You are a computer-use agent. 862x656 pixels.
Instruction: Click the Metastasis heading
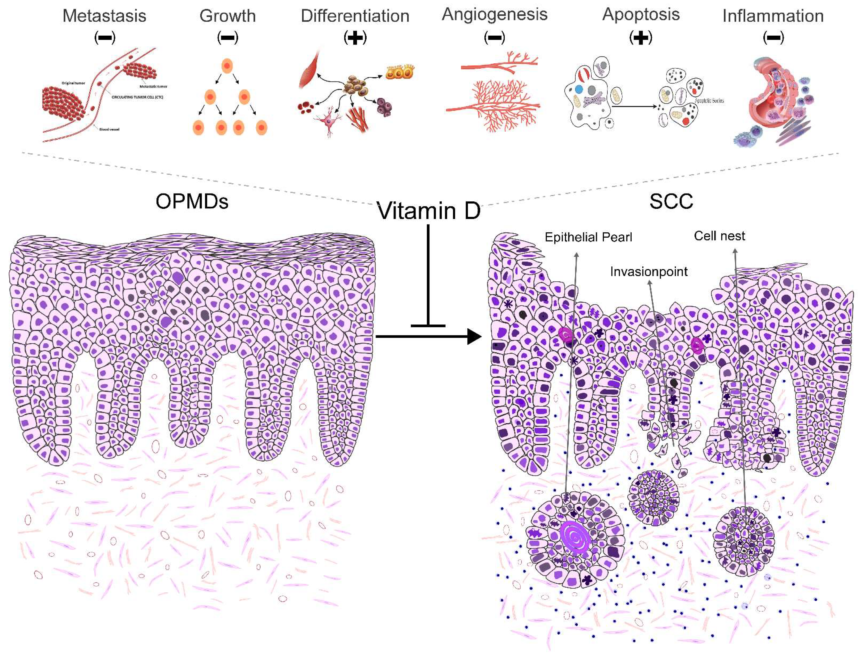pos(104,16)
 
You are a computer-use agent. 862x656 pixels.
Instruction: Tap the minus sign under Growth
pos(227,38)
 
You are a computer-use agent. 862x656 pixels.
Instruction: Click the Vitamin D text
pos(428,211)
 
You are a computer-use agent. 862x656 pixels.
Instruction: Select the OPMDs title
pos(192,201)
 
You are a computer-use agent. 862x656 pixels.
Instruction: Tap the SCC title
pos(671,201)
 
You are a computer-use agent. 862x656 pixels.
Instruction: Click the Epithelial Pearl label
pos(588,237)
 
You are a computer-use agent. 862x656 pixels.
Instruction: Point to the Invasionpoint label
pos(649,271)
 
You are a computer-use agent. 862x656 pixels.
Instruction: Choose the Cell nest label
pos(719,236)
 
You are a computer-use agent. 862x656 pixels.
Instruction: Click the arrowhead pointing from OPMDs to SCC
pos(474,336)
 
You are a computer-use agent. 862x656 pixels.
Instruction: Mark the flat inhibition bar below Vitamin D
pos(428,325)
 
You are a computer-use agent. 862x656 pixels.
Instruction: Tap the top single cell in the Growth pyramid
pos(227,66)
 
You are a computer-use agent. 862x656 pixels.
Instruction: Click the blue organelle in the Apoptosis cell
pos(579,89)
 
